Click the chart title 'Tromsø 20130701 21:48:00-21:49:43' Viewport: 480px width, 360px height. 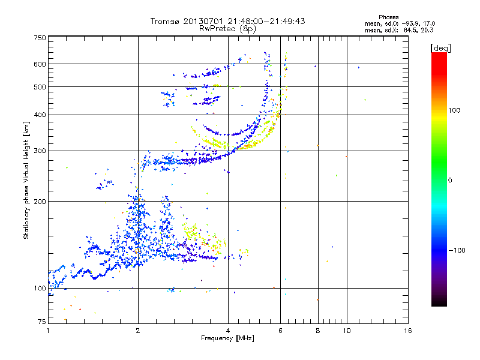pos(227,21)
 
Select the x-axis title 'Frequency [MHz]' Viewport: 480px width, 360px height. pos(227,338)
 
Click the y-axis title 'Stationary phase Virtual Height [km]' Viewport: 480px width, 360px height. pos(27,180)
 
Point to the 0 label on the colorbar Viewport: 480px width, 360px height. pos(449,180)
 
